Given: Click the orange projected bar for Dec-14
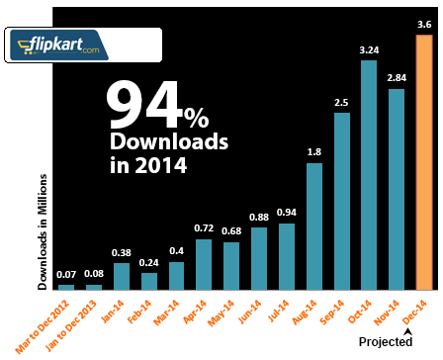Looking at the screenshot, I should pos(423,163).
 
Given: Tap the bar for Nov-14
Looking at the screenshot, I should pos(397,189).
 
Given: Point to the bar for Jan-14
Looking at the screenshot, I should pos(122,276).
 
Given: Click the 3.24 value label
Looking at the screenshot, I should pos(369,48).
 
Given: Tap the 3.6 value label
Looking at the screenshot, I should pos(423,23).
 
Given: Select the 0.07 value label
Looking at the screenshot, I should pos(66,274).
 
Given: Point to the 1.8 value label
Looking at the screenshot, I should pos(313,151).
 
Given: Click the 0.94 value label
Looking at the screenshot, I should pos(287,213).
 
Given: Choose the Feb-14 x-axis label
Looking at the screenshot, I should pos(142,309).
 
